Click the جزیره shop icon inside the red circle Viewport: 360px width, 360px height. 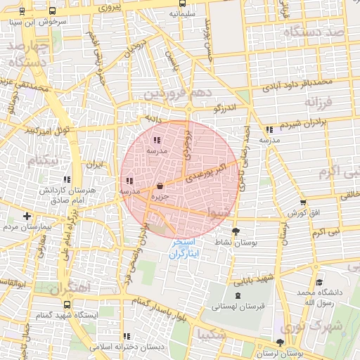coord(162,186)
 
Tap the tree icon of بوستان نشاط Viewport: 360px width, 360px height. coord(235,231)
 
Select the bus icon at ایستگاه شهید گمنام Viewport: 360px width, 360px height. coord(67,305)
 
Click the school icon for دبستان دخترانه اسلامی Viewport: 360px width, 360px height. coord(127,337)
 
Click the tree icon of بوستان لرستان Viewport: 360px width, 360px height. coord(281,342)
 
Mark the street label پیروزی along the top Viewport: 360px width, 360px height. coord(110,8)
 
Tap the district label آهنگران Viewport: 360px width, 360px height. coord(70,288)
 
